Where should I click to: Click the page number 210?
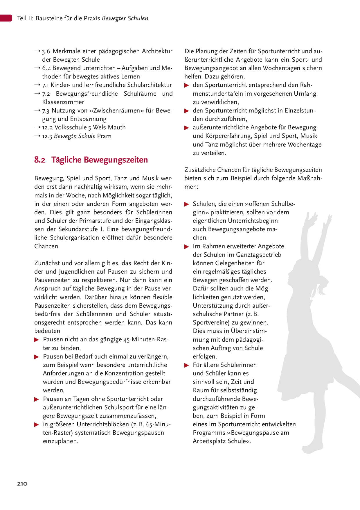[22, 484]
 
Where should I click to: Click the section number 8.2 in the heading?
[40, 160]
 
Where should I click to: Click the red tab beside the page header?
[6, 18]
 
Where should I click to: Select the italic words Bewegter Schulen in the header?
[125, 18]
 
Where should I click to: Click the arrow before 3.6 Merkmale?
[37, 51]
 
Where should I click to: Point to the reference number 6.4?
[46, 68]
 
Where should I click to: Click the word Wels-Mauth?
[109, 127]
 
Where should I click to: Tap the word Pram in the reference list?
[104, 136]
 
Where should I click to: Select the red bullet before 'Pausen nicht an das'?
[37, 340]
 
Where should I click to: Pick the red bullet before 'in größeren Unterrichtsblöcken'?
[37, 425]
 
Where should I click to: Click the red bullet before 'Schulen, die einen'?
[187, 204]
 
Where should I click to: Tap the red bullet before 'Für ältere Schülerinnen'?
[187, 365]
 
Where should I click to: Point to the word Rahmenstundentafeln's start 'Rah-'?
[306, 85]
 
